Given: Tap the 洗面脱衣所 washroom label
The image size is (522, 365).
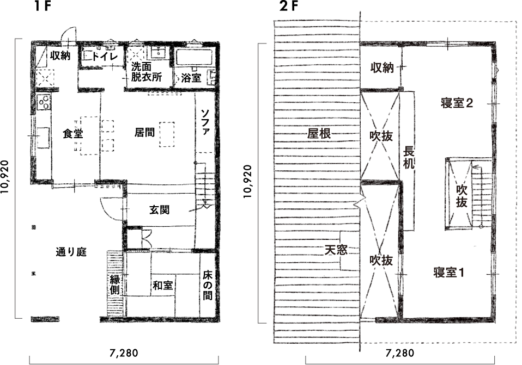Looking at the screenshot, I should point(147,72).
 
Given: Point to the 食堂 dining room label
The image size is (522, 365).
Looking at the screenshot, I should point(72,133).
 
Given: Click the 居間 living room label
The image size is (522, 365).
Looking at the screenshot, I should point(144,132).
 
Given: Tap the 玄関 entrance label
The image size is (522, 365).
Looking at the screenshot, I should point(159,209).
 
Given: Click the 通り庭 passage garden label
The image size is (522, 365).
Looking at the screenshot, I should point(71,253).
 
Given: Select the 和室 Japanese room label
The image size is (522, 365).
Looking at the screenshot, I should point(162,284).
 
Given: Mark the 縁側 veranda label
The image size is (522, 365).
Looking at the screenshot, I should point(115,286).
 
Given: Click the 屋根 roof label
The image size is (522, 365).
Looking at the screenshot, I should point(320,133).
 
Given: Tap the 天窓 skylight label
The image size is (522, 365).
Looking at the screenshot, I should point(336,251).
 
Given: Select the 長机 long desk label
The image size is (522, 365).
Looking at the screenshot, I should point(409,158).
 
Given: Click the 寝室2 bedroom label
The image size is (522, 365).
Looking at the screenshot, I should point(456,103).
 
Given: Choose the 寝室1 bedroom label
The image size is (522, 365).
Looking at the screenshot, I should point(449,271).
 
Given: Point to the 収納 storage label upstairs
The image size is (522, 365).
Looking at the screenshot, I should point(382,67).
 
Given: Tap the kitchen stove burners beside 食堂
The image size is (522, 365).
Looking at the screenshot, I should point(44,101).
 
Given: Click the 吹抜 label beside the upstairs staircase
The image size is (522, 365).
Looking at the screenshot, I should point(462,196).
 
